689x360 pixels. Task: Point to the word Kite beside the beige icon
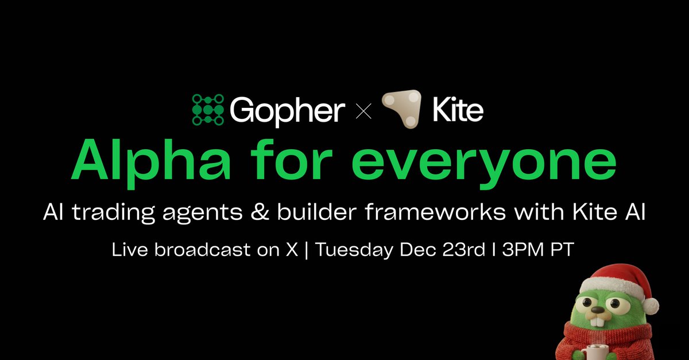click(x=459, y=111)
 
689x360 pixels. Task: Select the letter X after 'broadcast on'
click(x=292, y=251)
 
